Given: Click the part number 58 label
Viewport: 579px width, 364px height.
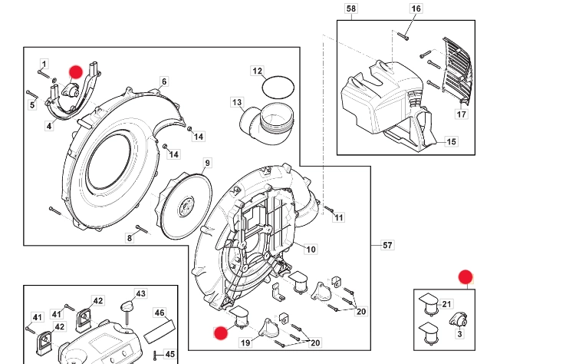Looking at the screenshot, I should click(351, 9).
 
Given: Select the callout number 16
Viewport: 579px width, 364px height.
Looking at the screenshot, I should click(416, 9).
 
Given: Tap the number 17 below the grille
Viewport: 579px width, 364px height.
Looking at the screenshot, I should click(461, 114).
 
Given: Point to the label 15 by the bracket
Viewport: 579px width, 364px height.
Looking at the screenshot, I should click(451, 142).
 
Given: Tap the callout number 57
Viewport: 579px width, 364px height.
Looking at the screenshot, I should click(387, 246).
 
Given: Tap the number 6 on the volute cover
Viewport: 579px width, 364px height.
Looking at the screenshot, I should click(163, 81).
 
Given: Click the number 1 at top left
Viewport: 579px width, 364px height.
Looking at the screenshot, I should click(44, 64).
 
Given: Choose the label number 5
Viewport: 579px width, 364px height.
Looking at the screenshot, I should click(32, 105).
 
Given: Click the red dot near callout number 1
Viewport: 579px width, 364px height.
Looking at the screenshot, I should click(75, 71).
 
